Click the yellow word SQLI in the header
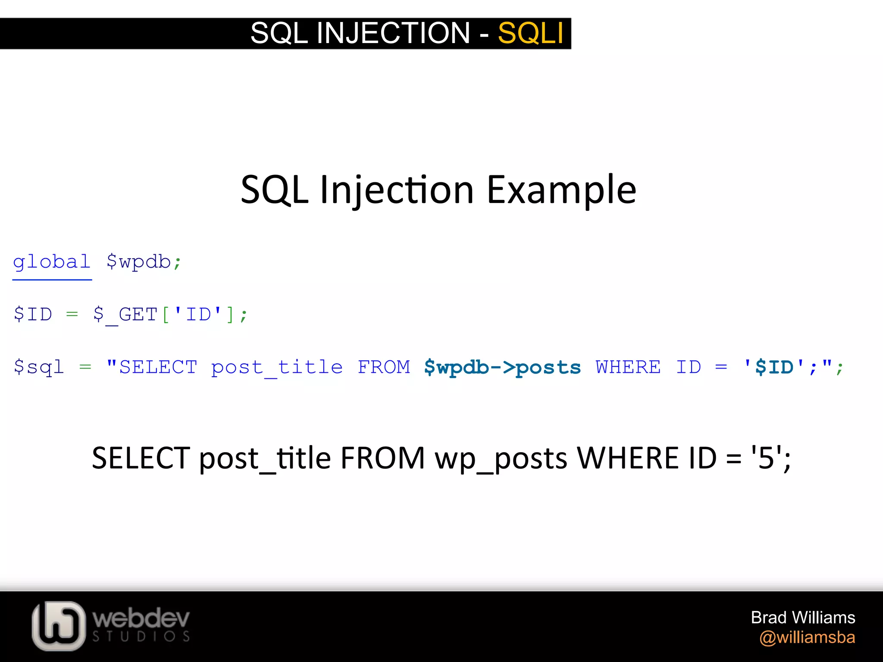(x=530, y=33)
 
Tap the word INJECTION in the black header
(x=393, y=33)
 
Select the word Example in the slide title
(x=561, y=190)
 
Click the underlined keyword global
(x=52, y=262)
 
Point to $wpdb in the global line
(x=139, y=262)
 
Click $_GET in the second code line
(x=125, y=315)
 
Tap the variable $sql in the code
(x=39, y=367)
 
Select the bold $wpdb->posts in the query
(x=502, y=367)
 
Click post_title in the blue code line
(x=277, y=367)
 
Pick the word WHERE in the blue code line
(x=628, y=367)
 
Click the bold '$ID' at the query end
(x=774, y=367)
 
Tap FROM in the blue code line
(x=384, y=367)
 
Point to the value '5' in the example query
(x=766, y=458)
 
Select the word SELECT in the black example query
(x=141, y=458)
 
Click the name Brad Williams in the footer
(x=803, y=618)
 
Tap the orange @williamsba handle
(x=807, y=637)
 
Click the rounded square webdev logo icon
(x=59, y=625)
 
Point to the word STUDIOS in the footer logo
(x=141, y=637)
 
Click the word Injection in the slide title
(x=397, y=190)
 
